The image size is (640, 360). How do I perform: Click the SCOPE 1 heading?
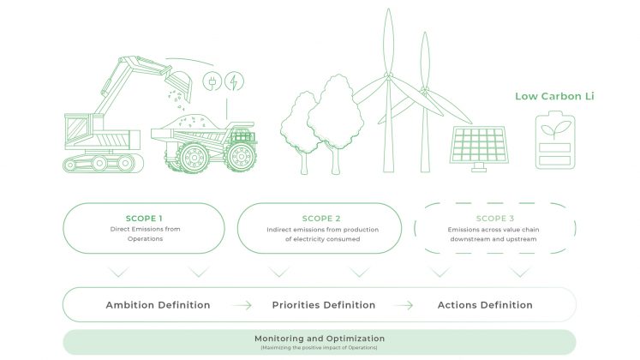[144, 219]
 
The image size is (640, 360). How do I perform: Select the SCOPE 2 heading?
[321, 219]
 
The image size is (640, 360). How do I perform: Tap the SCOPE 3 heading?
[494, 219]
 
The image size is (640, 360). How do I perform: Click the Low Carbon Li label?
[554, 96]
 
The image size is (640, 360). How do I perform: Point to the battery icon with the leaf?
[555, 140]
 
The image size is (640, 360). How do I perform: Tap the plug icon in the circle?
[212, 81]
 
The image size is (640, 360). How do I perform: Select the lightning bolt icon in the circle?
[234, 81]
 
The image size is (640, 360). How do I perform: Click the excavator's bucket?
[182, 85]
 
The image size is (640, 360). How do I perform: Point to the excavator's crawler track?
[103, 163]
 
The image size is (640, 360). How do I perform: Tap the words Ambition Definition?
[158, 305]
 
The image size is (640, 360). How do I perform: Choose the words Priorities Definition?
[324, 305]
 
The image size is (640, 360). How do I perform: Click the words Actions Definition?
[485, 305]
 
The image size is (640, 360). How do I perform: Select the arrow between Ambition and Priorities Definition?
[242, 305]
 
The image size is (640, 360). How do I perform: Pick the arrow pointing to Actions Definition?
[403, 305]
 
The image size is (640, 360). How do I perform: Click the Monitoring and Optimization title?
[320, 339]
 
